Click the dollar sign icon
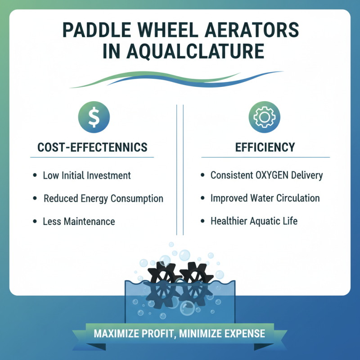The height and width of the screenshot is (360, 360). [94, 118]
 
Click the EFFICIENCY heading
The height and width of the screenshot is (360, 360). [265, 147]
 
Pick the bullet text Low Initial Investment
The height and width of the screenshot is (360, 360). [86, 175]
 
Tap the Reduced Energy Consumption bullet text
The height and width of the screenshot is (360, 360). [103, 198]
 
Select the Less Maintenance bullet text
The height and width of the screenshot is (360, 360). [79, 221]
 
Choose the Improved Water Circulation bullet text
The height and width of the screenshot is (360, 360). [265, 198]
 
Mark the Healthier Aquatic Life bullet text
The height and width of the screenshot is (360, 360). [254, 221]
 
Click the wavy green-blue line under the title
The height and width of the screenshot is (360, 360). [180, 80]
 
